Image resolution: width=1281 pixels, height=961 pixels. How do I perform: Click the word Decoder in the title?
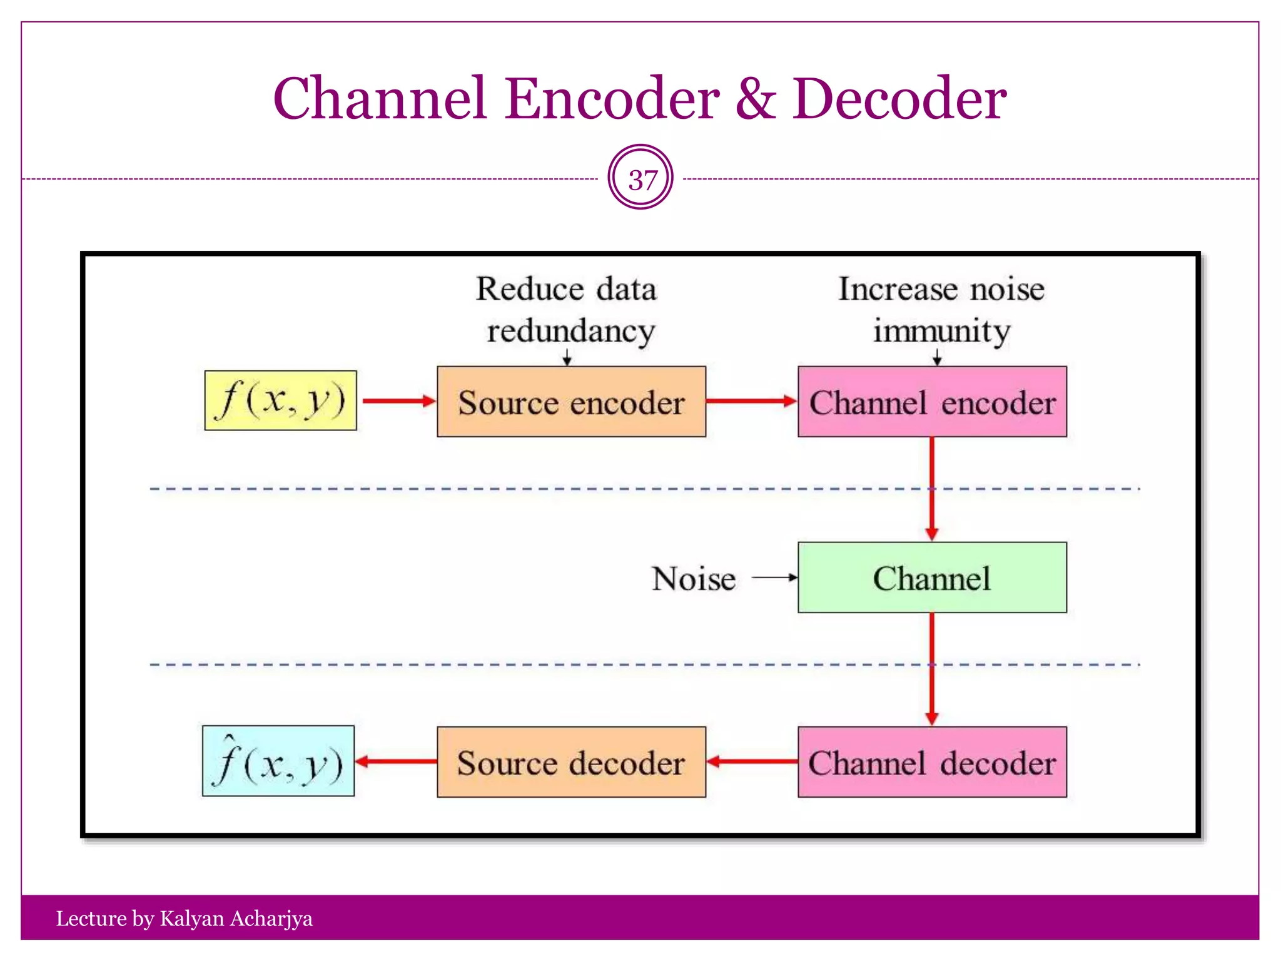click(899, 99)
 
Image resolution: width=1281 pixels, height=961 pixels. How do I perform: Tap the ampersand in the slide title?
click(756, 99)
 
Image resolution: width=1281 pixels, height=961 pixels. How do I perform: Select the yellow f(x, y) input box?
click(281, 400)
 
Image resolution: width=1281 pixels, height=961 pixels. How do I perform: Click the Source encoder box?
click(571, 402)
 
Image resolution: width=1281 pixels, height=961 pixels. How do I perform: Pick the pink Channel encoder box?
click(932, 402)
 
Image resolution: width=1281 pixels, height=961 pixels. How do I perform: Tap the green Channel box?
click(932, 577)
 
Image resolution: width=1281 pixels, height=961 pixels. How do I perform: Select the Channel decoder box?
click(932, 762)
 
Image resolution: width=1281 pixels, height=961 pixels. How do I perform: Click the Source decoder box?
click(571, 762)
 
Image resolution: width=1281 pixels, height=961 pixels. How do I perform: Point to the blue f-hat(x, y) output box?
click(278, 761)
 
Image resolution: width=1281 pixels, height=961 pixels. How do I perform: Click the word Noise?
click(693, 579)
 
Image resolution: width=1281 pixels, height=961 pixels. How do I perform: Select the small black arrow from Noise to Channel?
click(774, 577)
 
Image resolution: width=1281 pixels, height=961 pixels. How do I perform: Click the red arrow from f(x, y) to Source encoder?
click(398, 401)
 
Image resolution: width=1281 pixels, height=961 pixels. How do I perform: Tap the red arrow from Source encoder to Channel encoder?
click(751, 401)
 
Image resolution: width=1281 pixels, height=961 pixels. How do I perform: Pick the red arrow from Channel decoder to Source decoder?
click(752, 761)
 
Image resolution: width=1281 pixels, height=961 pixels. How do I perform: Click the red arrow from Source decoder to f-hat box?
click(395, 761)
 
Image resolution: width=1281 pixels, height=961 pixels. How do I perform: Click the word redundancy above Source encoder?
click(571, 332)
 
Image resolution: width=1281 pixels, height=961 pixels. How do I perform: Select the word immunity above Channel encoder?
click(941, 332)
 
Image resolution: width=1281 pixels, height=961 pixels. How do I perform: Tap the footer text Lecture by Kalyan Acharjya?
click(184, 918)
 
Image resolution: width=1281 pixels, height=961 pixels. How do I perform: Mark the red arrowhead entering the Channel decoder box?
click(932, 718)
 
